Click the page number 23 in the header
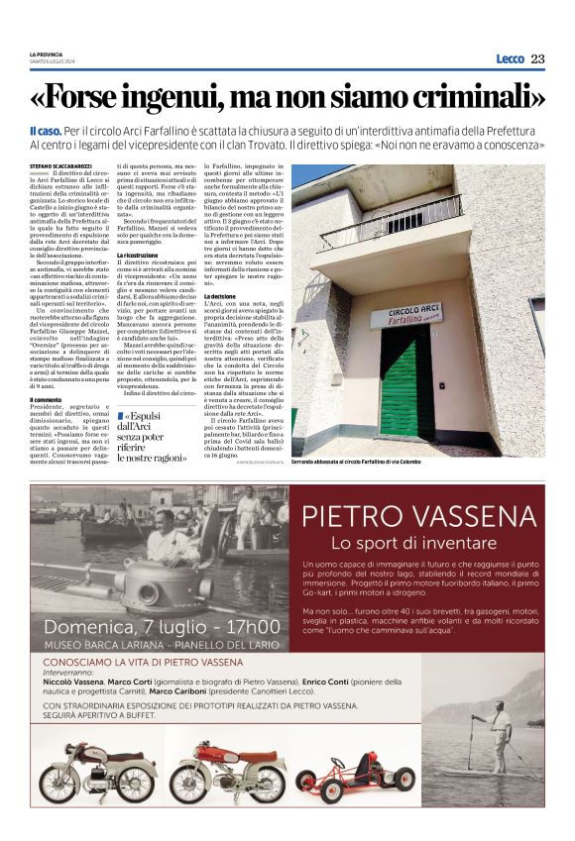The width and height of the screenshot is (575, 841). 537,59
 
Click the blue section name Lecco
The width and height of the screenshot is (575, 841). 510,59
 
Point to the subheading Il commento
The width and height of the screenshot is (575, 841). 46,399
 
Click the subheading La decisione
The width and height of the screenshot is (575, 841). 220,295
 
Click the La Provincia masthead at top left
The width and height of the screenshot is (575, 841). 49,53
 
